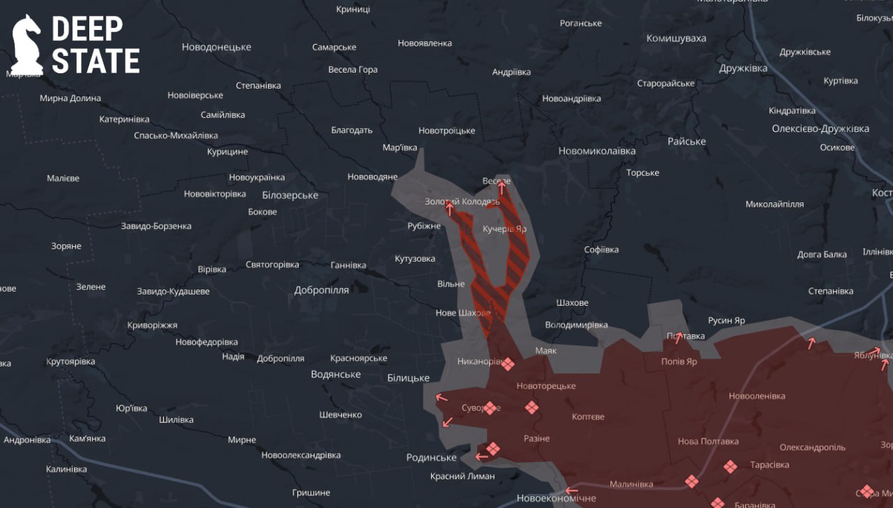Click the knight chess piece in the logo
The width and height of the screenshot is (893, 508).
(x=27, y=45)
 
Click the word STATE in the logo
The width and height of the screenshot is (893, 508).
(x=96, y=61)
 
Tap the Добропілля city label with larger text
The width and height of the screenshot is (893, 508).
(x=322, y=290)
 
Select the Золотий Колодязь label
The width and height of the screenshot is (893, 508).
(x=463, y=202)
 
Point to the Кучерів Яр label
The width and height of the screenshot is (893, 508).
(x=504, y=229)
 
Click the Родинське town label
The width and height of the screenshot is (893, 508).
(x=431, y=458)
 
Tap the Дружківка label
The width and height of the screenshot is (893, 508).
(x=744, y=68)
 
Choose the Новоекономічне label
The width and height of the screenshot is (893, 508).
(x=556, y=498)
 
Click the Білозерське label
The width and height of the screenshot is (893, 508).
(x=290, y=195)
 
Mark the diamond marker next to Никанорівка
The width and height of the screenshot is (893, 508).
(x=509, y=364)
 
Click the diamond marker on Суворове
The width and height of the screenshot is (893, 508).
(x=490, y=408)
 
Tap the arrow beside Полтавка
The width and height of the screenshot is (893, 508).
(x=677, y=338)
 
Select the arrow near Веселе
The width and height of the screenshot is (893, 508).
(x=501, y=188)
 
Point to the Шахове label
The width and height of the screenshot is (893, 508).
(x=572, y=303)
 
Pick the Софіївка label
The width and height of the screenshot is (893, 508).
(x=601, y=250)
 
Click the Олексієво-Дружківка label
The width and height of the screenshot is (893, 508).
(x=820, y=129)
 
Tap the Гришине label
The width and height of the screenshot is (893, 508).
(x=311, y=493)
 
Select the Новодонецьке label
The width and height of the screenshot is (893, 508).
(x=216, y=47)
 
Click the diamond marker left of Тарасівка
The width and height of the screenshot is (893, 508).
(x=730, y=466)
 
